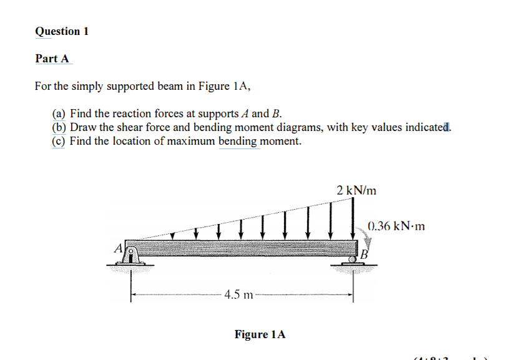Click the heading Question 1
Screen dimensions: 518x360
pos(62,31)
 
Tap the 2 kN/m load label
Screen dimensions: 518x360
pos(356,190)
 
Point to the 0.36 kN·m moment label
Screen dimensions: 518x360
pos(396,226)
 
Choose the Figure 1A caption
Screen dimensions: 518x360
pos(260,334)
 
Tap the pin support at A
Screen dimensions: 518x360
pos(131,254)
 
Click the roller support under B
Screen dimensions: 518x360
pos(354,263)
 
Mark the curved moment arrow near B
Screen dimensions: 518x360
pos(363,235)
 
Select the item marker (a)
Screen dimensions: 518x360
pos(59,114)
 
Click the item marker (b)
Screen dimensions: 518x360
pos(59,127)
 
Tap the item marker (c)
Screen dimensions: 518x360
pos(59,141)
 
